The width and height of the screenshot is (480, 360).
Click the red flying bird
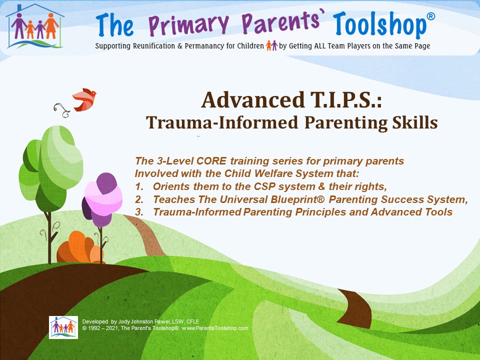[84, 99]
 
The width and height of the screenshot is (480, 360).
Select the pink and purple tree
[102, 199]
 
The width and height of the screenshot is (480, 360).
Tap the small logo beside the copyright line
[63, 327]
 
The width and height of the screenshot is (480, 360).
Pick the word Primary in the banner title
[189, 24]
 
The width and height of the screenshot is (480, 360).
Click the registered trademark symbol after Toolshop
[430, 16]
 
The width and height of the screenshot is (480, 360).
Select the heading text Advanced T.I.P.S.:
[291, 100]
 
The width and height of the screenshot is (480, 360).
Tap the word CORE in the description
[211, 160]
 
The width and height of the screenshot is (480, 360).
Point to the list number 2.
[139, 199]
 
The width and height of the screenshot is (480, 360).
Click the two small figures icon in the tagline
[271, 45]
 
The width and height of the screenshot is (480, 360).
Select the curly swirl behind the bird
[62, 110]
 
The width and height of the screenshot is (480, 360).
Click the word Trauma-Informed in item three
[197, 212]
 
